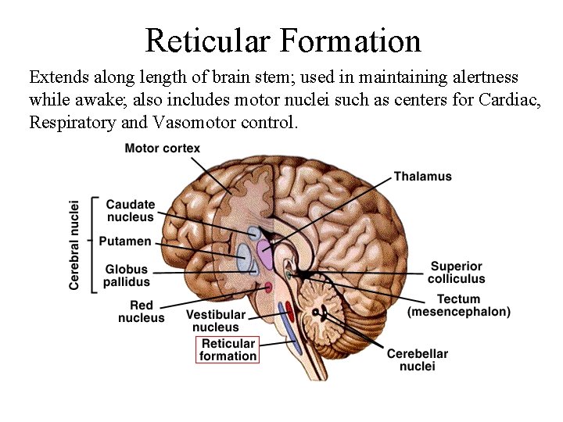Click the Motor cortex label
click(162, 148)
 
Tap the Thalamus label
click(422, 177)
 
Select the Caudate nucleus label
click(131, 211)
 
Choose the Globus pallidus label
click(126, 276)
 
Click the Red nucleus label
click(142, 312)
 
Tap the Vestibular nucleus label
click(215, 321)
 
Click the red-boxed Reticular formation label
click(228, 349)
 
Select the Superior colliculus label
click(456, 272)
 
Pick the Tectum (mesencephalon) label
click(458, 306)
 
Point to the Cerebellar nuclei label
click(418, 359)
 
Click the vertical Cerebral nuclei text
click(74, 244)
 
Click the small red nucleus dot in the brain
click(268, 287)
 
